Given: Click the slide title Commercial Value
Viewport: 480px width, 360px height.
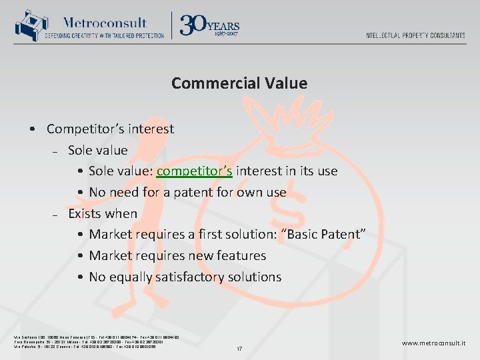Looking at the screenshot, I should pyautogui.click(x=239, y=83).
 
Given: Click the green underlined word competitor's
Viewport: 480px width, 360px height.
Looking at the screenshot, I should pyautogui.click(x=194, y=171).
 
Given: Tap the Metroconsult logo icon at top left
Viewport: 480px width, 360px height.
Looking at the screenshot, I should pyautogui.click(x=27, y=26).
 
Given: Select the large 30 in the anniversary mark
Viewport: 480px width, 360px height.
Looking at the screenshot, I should pyautogui.click(x=193, y=25).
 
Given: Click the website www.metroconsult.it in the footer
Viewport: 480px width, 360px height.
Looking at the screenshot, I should pyautogui.click(x=433, y=343).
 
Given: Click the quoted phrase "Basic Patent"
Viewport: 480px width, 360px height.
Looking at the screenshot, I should pyautogui.click(x=326, y=235).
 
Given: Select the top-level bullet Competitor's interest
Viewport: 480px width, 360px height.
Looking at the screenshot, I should pyautogui.click(x=110, y=129).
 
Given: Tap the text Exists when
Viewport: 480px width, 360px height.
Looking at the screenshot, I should pyautogui.click(x=103, y=214).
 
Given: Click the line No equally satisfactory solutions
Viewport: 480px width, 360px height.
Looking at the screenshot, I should pyautogui.click(x=185, y=277).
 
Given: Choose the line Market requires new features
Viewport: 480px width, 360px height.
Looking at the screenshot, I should pyautogui.click(x=177, y=256).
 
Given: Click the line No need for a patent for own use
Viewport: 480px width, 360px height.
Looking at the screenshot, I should pyautogui.click(x=187, y=193).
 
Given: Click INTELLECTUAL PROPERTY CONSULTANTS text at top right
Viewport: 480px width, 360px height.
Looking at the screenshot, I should pyautogui.click(x=415, y=35).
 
